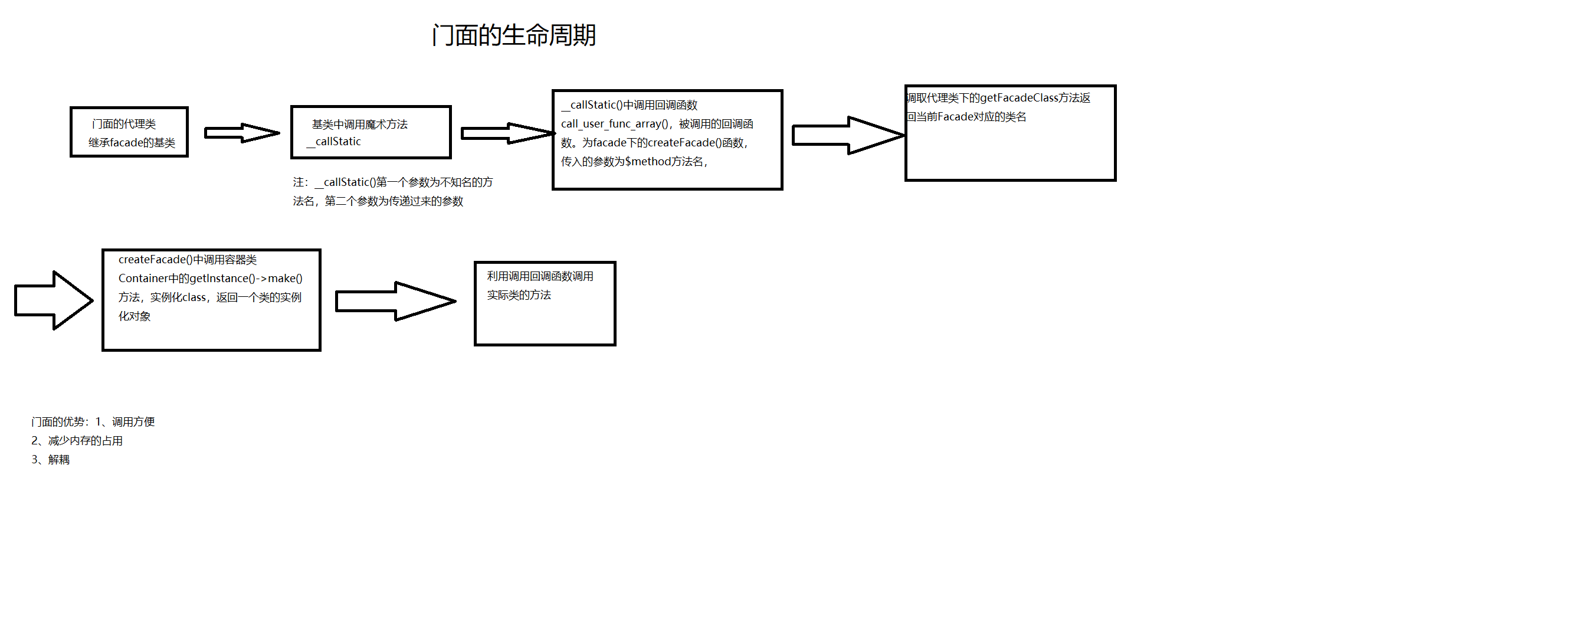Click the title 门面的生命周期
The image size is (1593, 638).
point(513,35)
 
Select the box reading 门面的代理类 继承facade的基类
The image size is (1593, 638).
point(129,132)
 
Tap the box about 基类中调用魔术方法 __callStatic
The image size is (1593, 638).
point(371,132)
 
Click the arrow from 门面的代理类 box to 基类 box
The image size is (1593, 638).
point(241,132)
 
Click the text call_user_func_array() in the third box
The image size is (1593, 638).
point(616,124)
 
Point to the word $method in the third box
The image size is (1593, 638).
point(647,162)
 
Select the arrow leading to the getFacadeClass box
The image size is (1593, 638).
point(847,135)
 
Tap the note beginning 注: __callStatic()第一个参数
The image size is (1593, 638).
point(393,191)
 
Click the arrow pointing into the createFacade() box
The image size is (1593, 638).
point(54,300)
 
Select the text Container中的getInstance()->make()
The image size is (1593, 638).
point(210,279)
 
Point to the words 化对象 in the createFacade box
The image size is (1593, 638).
point(135,316)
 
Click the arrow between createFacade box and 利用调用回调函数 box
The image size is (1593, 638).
point(395,302)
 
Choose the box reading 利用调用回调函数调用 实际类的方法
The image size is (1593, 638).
point(544,303)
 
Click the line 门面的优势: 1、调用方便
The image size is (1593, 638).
point(93,421)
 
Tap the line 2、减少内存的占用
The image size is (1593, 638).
point(77,441)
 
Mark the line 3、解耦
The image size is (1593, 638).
point(51,460)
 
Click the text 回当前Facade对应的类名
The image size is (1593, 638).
point(966,116)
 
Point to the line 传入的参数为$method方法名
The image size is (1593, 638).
point(633,162)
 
